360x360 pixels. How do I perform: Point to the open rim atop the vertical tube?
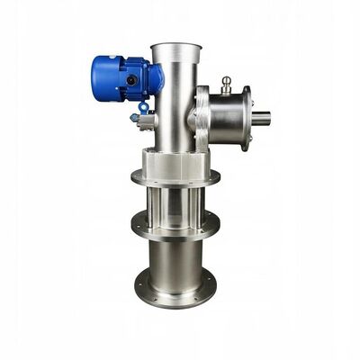174,46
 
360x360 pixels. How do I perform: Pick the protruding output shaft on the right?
261,117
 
